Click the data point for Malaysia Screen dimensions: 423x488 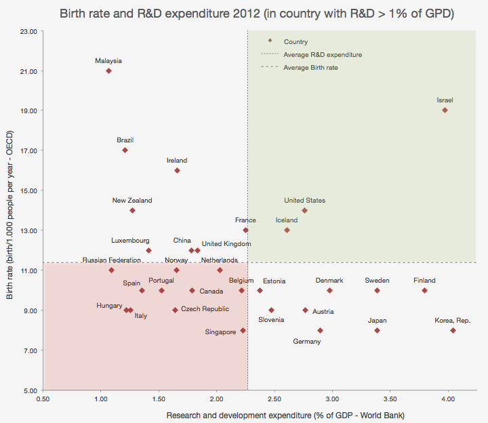point(108,70)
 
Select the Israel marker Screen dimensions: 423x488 point(445,110)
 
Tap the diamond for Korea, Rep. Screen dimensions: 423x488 point(453,330)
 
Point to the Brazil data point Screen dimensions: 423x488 point(125,150)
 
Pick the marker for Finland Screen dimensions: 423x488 point(424,290)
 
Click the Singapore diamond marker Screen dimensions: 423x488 point(243,330)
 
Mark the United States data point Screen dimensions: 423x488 point(304,210)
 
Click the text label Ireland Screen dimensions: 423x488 point(177,161)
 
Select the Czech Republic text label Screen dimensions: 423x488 point(205,309)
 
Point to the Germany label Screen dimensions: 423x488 point(307,342)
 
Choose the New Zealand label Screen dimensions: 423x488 point(132,201)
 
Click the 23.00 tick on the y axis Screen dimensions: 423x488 point(28,31)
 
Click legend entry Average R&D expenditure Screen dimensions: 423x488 point(323,54)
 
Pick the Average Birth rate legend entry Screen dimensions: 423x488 point(310,67)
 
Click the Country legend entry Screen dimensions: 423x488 point(296,41)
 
